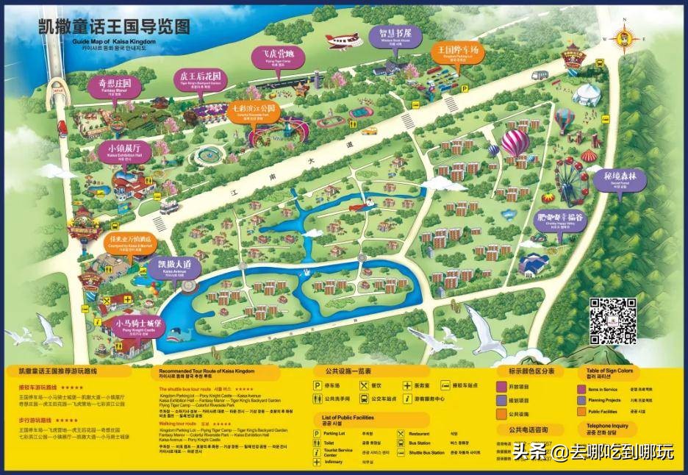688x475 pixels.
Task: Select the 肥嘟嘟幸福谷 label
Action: [x=561, y=218]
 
